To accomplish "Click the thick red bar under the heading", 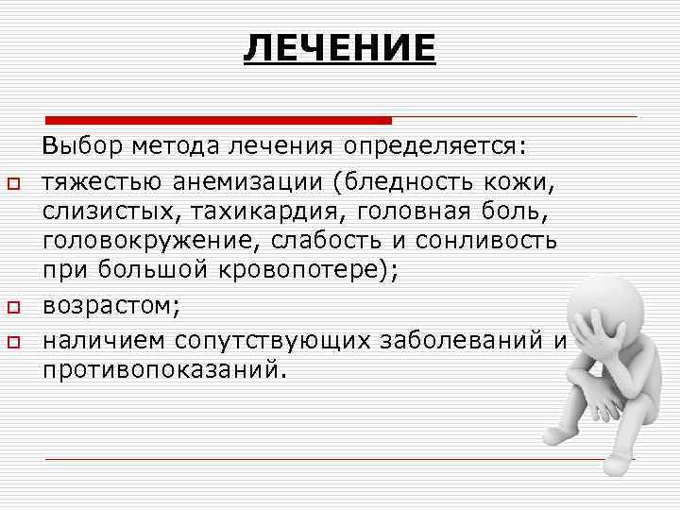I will [219, 120].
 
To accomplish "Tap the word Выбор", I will [76, 147].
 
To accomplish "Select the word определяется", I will [436, 147].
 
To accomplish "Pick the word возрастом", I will [106, 308].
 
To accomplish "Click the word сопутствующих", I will [276, 338].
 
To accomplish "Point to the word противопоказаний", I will [161, 368].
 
